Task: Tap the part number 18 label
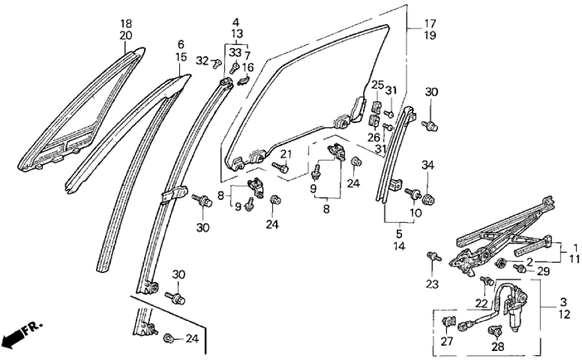point(126,25)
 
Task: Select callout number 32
point(203,60)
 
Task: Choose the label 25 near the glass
point(377,85)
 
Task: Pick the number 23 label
point(433,283)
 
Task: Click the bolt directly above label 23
point(432,257)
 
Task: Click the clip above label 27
point(448,320)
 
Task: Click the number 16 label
point(248,67)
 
